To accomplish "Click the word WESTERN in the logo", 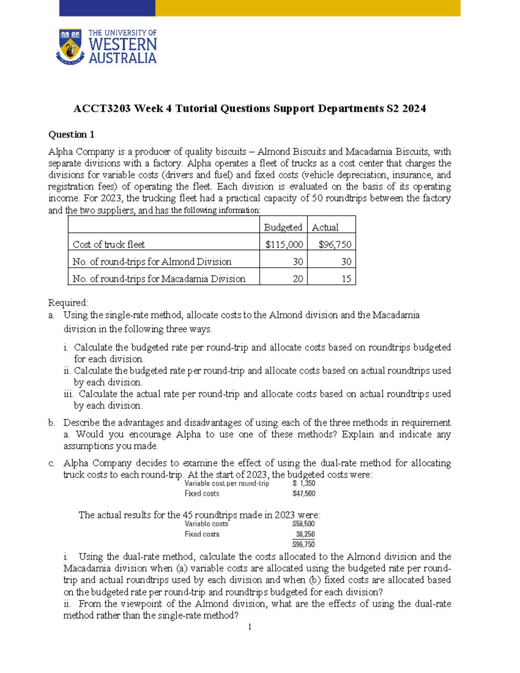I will coord(123,45).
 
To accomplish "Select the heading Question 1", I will coord(71,134).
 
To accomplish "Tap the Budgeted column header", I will coord(283,227).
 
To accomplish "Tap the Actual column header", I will coord(325,227).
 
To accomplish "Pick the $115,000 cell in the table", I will coord(284,244).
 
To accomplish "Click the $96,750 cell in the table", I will coord(335,244).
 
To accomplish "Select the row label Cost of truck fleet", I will coord(109,244).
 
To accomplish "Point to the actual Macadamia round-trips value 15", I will coord(346,279).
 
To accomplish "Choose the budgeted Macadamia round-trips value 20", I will coord(298,279).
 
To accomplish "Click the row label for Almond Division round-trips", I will coord(152,262).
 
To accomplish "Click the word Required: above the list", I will coord(68,302).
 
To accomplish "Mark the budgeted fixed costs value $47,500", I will coord(304,494).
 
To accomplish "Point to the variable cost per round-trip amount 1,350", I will coord(307,483).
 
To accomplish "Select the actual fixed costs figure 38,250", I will coord(305,534).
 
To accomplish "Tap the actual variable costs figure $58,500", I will coord(304,524).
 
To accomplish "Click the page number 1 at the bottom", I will coord(250,627).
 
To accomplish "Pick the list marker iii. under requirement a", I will coord(68,394).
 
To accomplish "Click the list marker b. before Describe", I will coord(52,423).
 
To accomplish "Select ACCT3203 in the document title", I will coord(102,108).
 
